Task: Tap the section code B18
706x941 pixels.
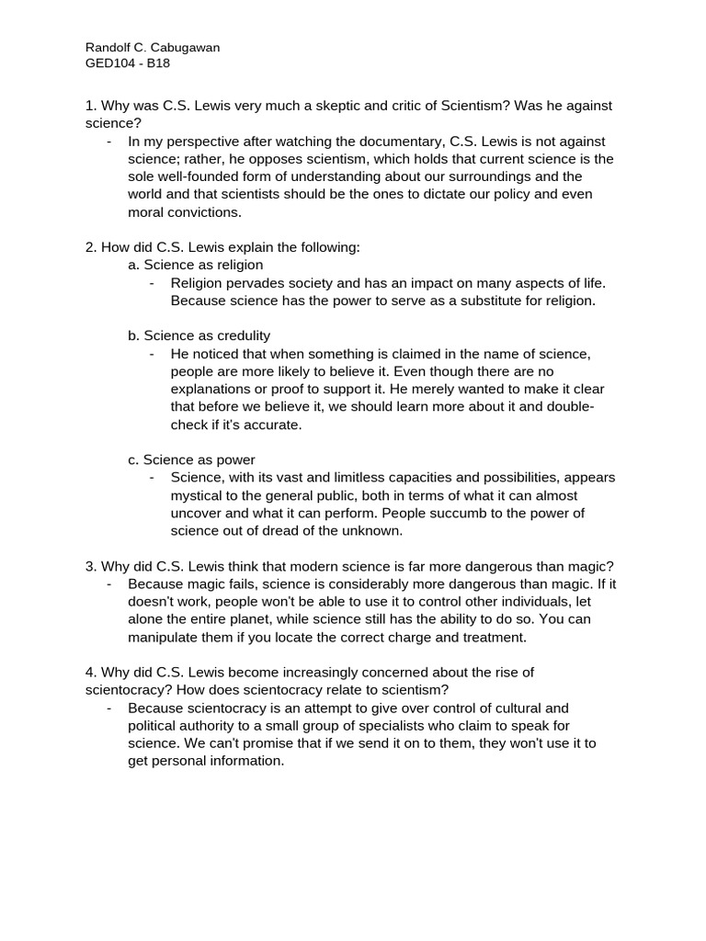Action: pyautogui.click(x=156, y=63)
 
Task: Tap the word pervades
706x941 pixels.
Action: pyautogui.click(x=256, y=283)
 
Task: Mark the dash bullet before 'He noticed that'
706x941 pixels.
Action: pyautogui.click(x=153, y=354)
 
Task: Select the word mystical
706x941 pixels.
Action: pyautogui.click(x=200, y=495)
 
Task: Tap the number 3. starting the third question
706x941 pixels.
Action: pyautogui.click(x=90, y=566)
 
